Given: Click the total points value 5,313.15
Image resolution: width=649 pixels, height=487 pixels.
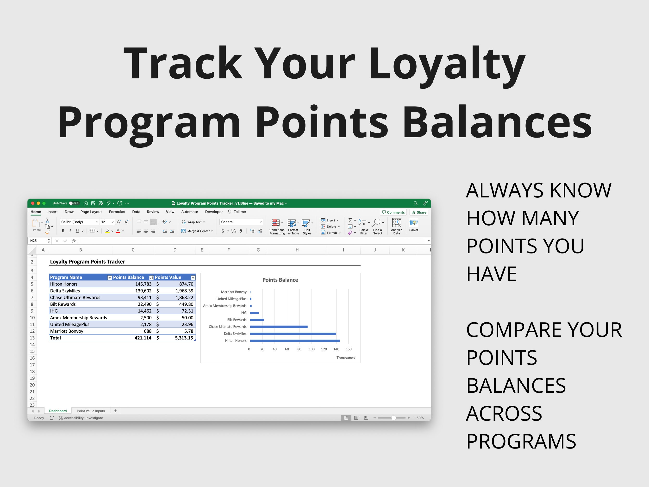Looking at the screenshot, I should click(x=184, y=338).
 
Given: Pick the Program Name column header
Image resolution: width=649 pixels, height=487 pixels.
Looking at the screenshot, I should click(x=66, y=277).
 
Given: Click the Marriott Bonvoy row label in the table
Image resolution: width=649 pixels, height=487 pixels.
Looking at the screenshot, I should click(x=67, y=331).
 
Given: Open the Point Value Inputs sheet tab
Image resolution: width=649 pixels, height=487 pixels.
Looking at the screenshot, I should click(x=91, y=411).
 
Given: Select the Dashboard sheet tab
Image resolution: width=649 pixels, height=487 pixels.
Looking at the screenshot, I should click(x=58, y=411).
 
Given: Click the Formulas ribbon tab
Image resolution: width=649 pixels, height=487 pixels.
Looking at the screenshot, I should click(x=117, y=212).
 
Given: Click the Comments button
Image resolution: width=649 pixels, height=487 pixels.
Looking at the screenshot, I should click(x=393, y=213).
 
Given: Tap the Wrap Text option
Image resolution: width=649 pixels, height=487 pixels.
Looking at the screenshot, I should click(x=194, y=222).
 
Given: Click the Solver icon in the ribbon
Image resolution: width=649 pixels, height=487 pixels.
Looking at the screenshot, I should click(x=413, y=225).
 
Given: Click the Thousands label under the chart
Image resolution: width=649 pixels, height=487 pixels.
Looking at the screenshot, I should click(x=345, y=358).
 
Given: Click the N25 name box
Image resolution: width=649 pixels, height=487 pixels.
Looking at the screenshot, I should click(x=37, y=241).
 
